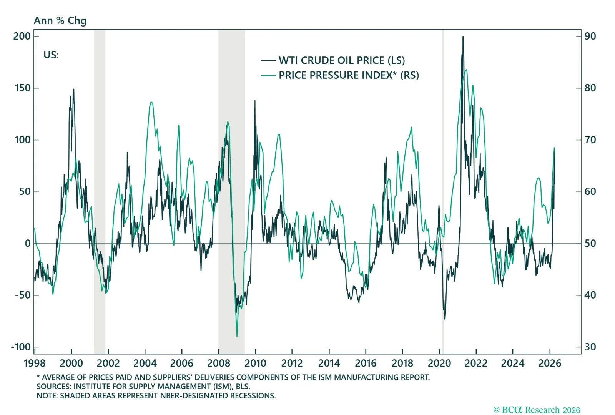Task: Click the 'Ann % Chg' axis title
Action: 60,21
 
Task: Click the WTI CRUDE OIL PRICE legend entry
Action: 341,60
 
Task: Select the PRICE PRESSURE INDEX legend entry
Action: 348,75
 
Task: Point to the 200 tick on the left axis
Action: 22,36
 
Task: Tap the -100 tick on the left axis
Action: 21,347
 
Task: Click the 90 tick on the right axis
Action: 590,36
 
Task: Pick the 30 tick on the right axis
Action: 590,347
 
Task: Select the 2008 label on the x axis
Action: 218,363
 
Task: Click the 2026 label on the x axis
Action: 550,363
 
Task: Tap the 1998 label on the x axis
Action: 35,363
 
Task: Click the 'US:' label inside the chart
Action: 51,55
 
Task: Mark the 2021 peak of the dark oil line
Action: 463,37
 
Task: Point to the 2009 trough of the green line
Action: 237,337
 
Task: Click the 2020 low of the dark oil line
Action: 445,319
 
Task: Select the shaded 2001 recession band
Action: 100,192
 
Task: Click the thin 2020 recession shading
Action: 443,192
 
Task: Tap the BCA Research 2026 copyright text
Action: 537,410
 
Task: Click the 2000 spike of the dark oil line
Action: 73,90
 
